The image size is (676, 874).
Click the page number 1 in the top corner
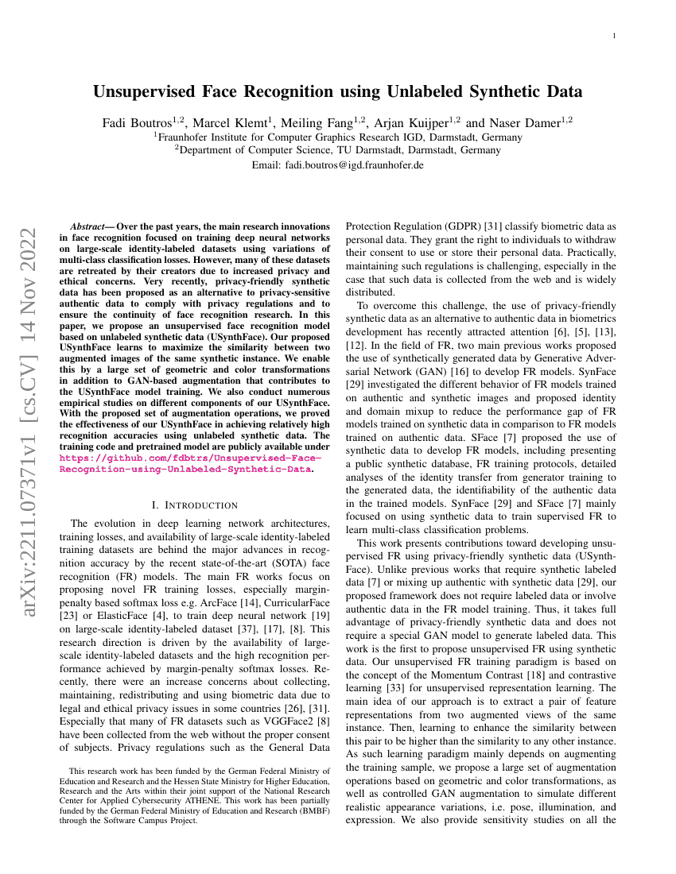pos(617,37)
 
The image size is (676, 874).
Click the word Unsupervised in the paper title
pos(146,91)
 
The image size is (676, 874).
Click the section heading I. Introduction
pos(194,505)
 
